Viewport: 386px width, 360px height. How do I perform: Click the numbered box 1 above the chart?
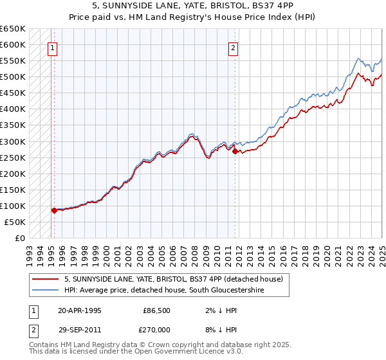click(52, 47)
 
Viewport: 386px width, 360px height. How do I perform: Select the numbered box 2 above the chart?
click(233, 47)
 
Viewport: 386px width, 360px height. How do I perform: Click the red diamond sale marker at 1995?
click(53, 210)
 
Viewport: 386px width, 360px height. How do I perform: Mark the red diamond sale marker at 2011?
click(235, 151)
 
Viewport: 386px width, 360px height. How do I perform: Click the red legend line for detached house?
click(44, 279)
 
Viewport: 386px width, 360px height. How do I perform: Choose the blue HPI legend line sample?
click(44, 291)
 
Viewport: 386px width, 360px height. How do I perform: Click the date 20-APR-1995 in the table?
click(79, 310)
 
